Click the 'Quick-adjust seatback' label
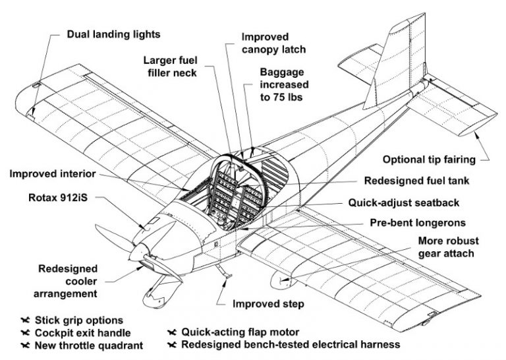(x=421, y=203)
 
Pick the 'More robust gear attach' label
(x=449, y=247)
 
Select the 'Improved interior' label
(x=53, y=174)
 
